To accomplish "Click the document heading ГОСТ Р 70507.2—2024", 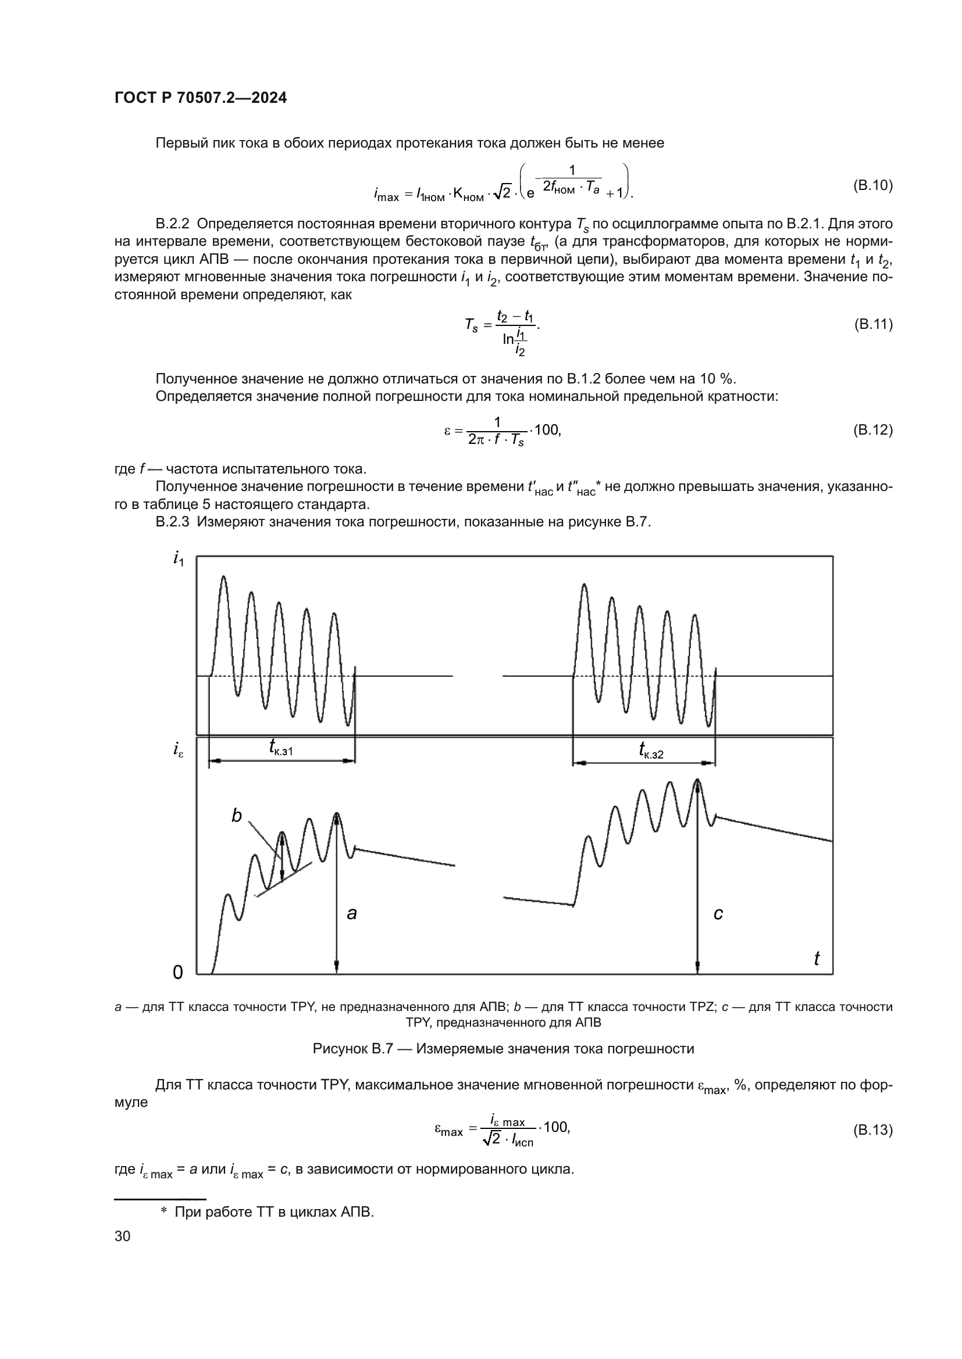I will tap(200, 98).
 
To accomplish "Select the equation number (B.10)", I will tap(872, 185).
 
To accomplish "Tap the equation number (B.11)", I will tap(872, 324).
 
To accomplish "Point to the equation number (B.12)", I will tap(872, 430).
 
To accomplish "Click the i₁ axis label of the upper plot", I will tap(179, 558).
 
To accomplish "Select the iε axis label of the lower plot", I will tap(179, 751).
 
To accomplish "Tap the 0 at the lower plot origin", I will tap(178, 973).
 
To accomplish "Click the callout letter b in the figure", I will tap(236, 816).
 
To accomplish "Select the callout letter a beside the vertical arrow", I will tap(352, 914).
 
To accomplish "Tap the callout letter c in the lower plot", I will tap(718, 914).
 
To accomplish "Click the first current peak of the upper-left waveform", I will tap(223, 577).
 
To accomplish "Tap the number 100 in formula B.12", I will tap(546, 430).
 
